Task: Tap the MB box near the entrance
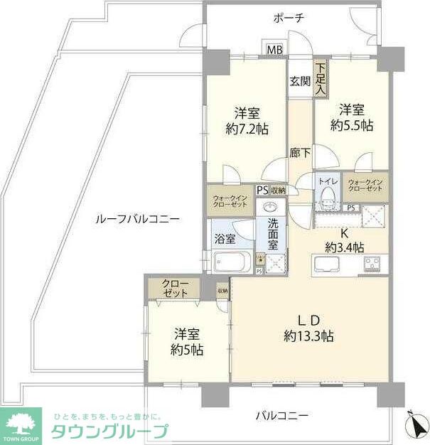pyautogui.click(x=274, y=50)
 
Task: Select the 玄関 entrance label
pyautogui.click(x=299, y=81)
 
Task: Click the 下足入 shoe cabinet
pyautogui.click(x=321, y=78)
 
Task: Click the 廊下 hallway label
pyautogui.click(x=299, y=151)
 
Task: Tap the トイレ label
pyautogui.click(x=328, y=182)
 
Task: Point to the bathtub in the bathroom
pyautogui.click(x=229, y=261)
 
